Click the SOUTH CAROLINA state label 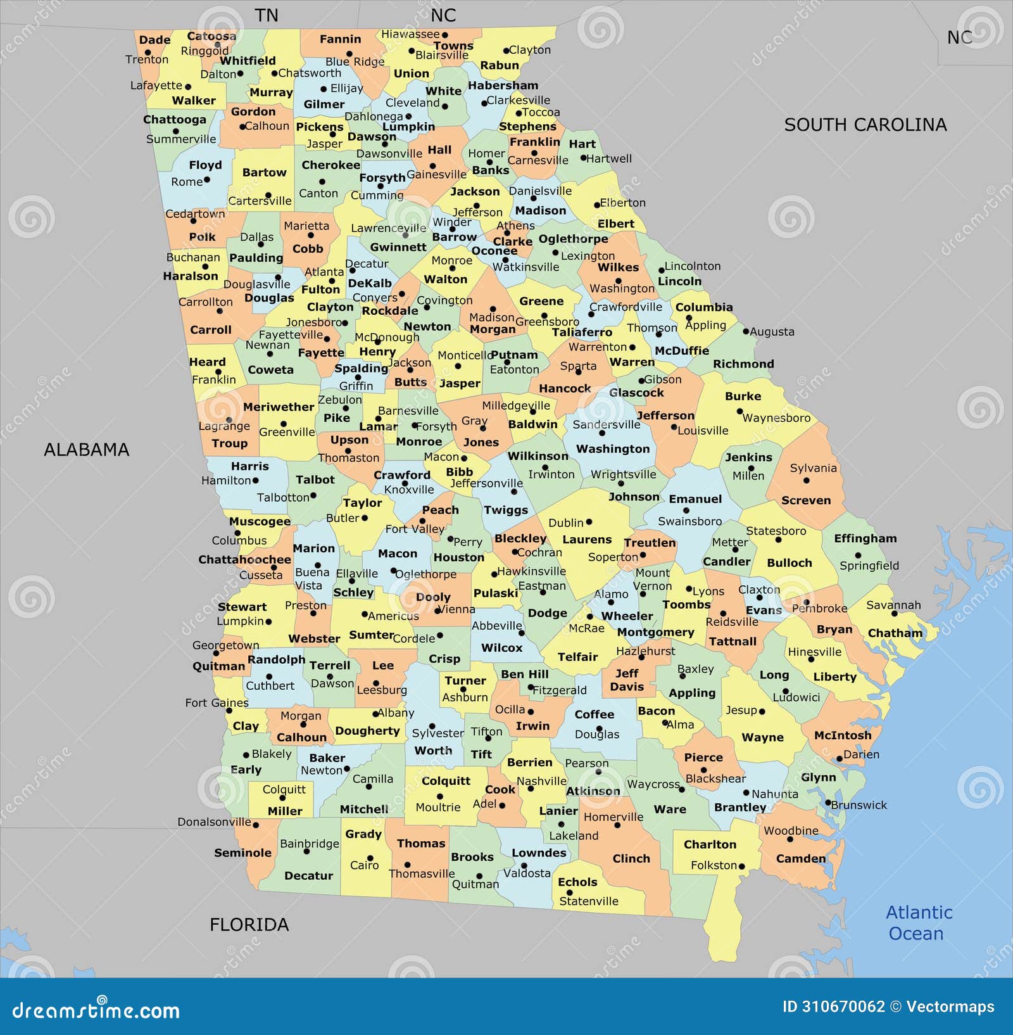tap(865, 125)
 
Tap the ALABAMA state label tap(86, 450)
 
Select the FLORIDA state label tap(249, 925)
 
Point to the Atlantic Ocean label tap(918, 923)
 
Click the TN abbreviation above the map tap(266, 15)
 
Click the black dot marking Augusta tap(746, 331)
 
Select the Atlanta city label tap(324, 272)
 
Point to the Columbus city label tap(239, 540)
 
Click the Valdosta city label tap(527, 873)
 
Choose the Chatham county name tap(895, 633)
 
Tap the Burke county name tap(743, 397)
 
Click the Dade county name tap(154, 40)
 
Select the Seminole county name tap(242, 853)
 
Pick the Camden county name tap(801, 858)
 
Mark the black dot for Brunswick tap(827, 803)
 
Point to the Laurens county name tap(587, 540)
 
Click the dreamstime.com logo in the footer tap(96, 1010)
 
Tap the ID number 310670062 tap(833, 1006)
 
